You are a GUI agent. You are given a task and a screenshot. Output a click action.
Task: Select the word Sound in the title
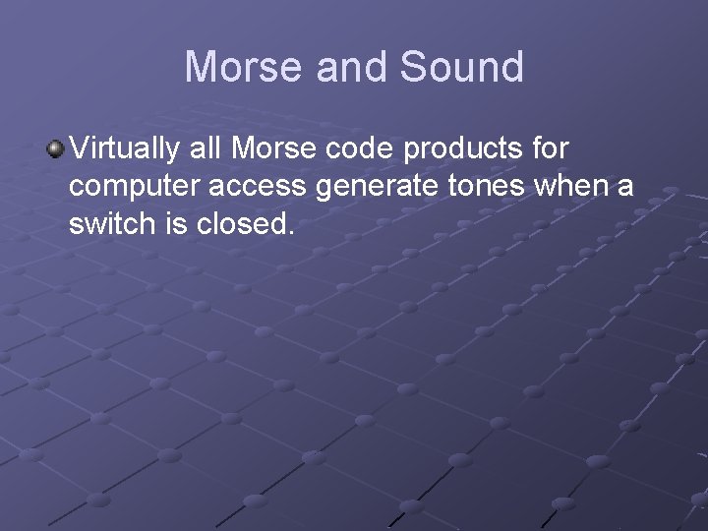pyautogui.click(x=460, y=67)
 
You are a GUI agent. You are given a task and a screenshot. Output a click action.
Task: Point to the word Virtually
pyautogui.click(x=121, y=149)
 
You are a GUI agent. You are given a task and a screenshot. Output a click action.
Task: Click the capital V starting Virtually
pyautogui.click(x=79, y=149)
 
